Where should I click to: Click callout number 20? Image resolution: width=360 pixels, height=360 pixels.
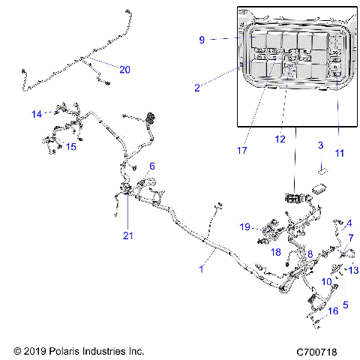124,69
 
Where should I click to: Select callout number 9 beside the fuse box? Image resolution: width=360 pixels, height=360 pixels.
201,40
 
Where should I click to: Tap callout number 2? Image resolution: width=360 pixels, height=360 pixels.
196,88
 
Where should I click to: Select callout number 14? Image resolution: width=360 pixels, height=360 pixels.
36,114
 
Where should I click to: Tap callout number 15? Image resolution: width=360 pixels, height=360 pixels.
71,147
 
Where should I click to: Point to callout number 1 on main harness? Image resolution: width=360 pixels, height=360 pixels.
200,268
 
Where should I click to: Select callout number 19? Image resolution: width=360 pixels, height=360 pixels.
244,226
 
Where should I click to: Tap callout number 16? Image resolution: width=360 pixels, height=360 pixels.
333,310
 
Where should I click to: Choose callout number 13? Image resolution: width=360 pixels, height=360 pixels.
354,270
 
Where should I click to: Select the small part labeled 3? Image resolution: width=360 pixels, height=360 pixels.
323,171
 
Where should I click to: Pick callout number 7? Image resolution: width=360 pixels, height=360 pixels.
351,238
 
